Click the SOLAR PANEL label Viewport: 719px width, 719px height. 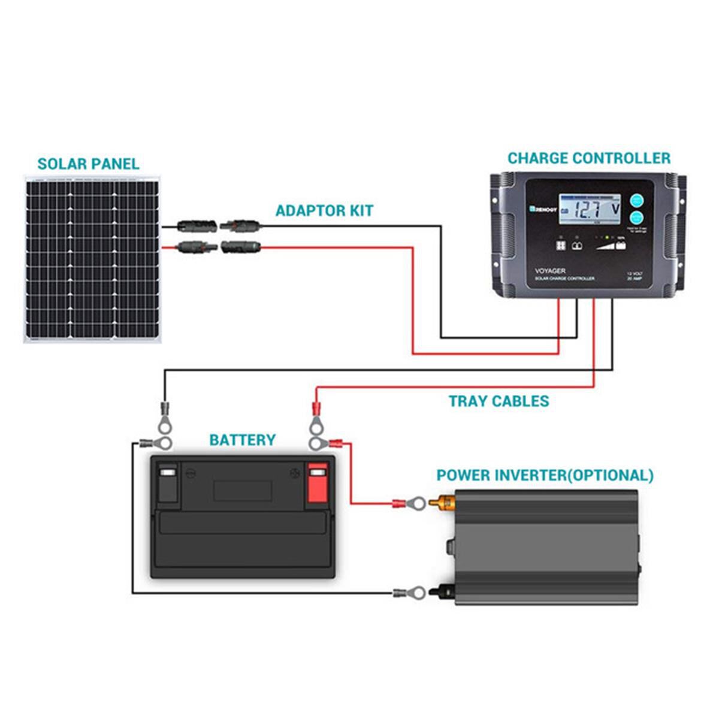click(88, 164)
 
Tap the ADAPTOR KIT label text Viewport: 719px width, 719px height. click(324, 211)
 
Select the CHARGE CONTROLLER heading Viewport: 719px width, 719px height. click(589, 158)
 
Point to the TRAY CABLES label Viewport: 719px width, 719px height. click(499, 401)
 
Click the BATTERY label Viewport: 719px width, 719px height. click(242, 440)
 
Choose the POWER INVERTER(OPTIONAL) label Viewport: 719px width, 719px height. click(545, 476)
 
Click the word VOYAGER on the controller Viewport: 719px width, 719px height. click(549, 271)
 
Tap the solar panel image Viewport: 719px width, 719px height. click(93, 259)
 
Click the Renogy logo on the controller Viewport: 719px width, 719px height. click(543, 210)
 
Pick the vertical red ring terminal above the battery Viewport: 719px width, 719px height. click(316, 419)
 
